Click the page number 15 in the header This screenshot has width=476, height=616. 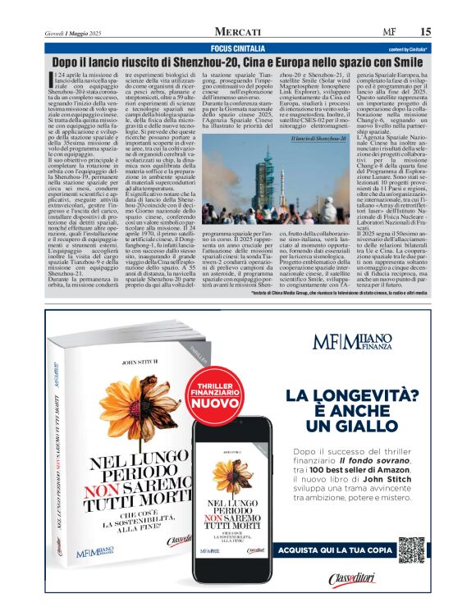tap(425, 31)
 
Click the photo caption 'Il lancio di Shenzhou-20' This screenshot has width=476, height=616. tap(318, 139)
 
